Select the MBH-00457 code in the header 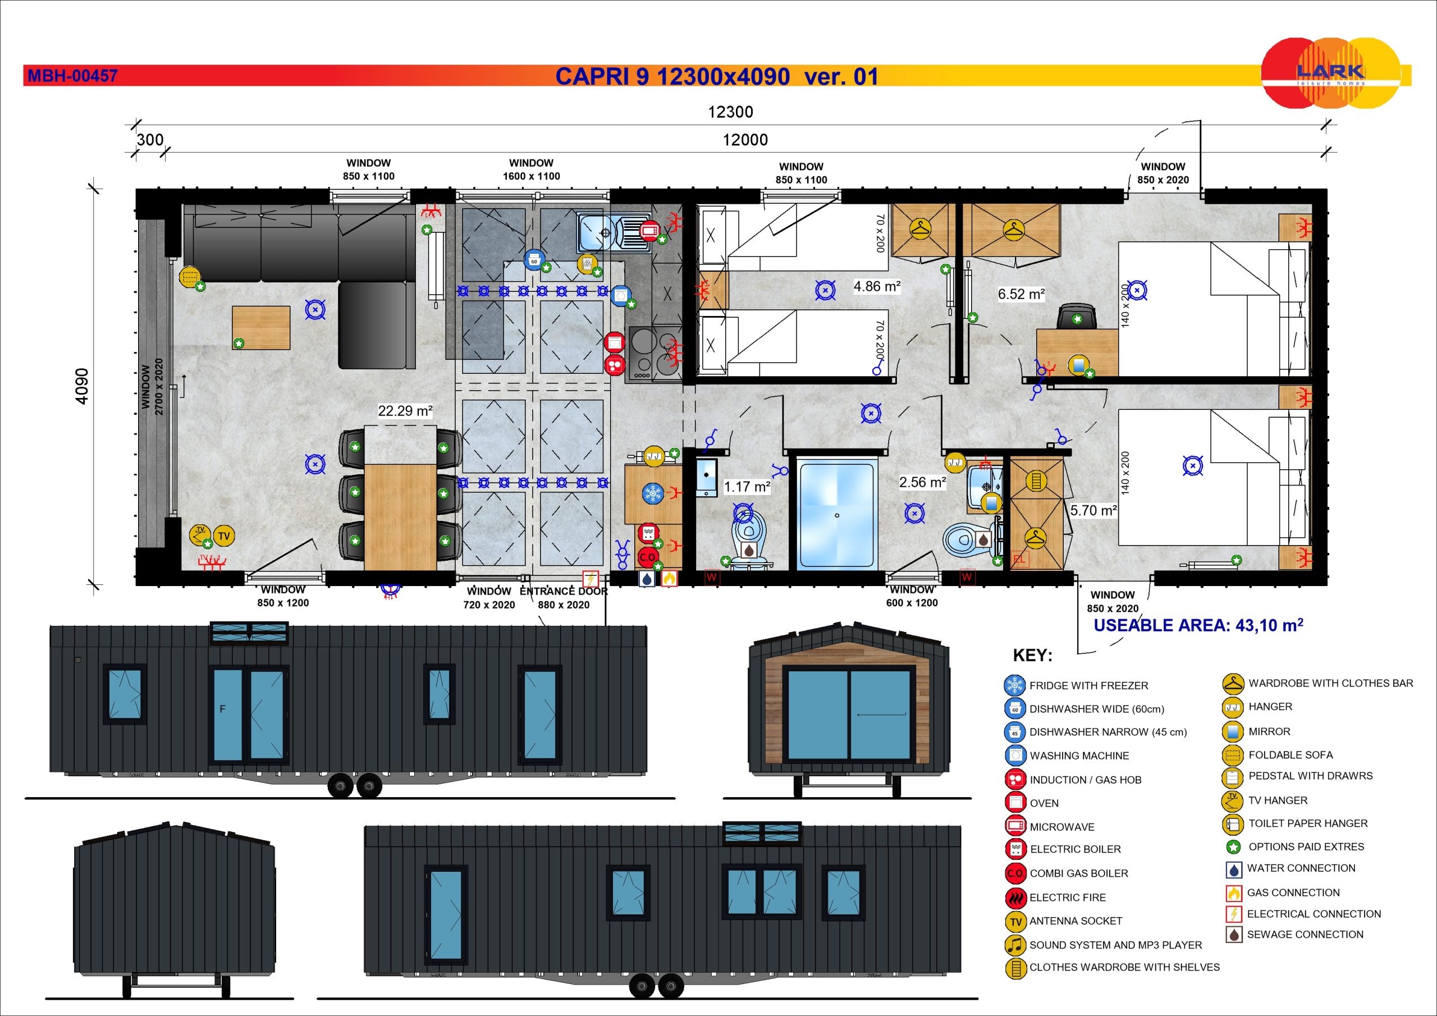pos(72,76)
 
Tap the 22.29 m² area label pos(405,411)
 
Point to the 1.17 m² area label pos(747,487)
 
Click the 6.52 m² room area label pos(1022,294)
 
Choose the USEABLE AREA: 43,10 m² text pos(1198,625)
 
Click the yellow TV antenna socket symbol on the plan pos(224,536)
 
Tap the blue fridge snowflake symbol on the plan pos(653,493)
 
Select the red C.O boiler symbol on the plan pos(647,556)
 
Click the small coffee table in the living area pos(261,327)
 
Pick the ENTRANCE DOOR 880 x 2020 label pos(563,598)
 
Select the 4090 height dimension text pos(82,386)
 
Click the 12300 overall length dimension pos(730,112)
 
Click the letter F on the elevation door pos(222,710)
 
